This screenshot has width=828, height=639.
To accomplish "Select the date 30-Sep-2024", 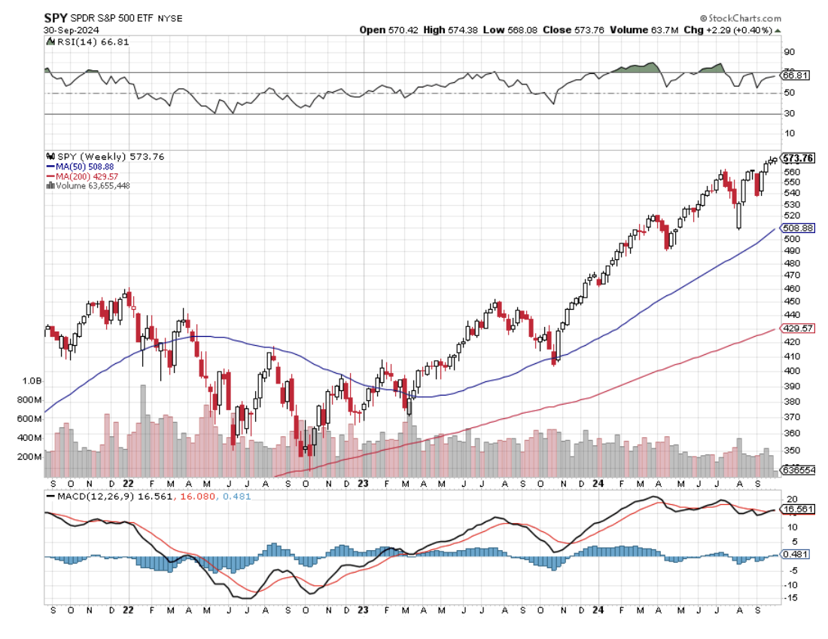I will point(66,30).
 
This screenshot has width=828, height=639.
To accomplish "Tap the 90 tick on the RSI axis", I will point(790,52).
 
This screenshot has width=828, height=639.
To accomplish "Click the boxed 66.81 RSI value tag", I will point(796,75).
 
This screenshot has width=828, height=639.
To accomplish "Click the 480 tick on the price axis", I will point(792,264).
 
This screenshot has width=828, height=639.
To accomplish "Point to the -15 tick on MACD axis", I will point(791,598).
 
